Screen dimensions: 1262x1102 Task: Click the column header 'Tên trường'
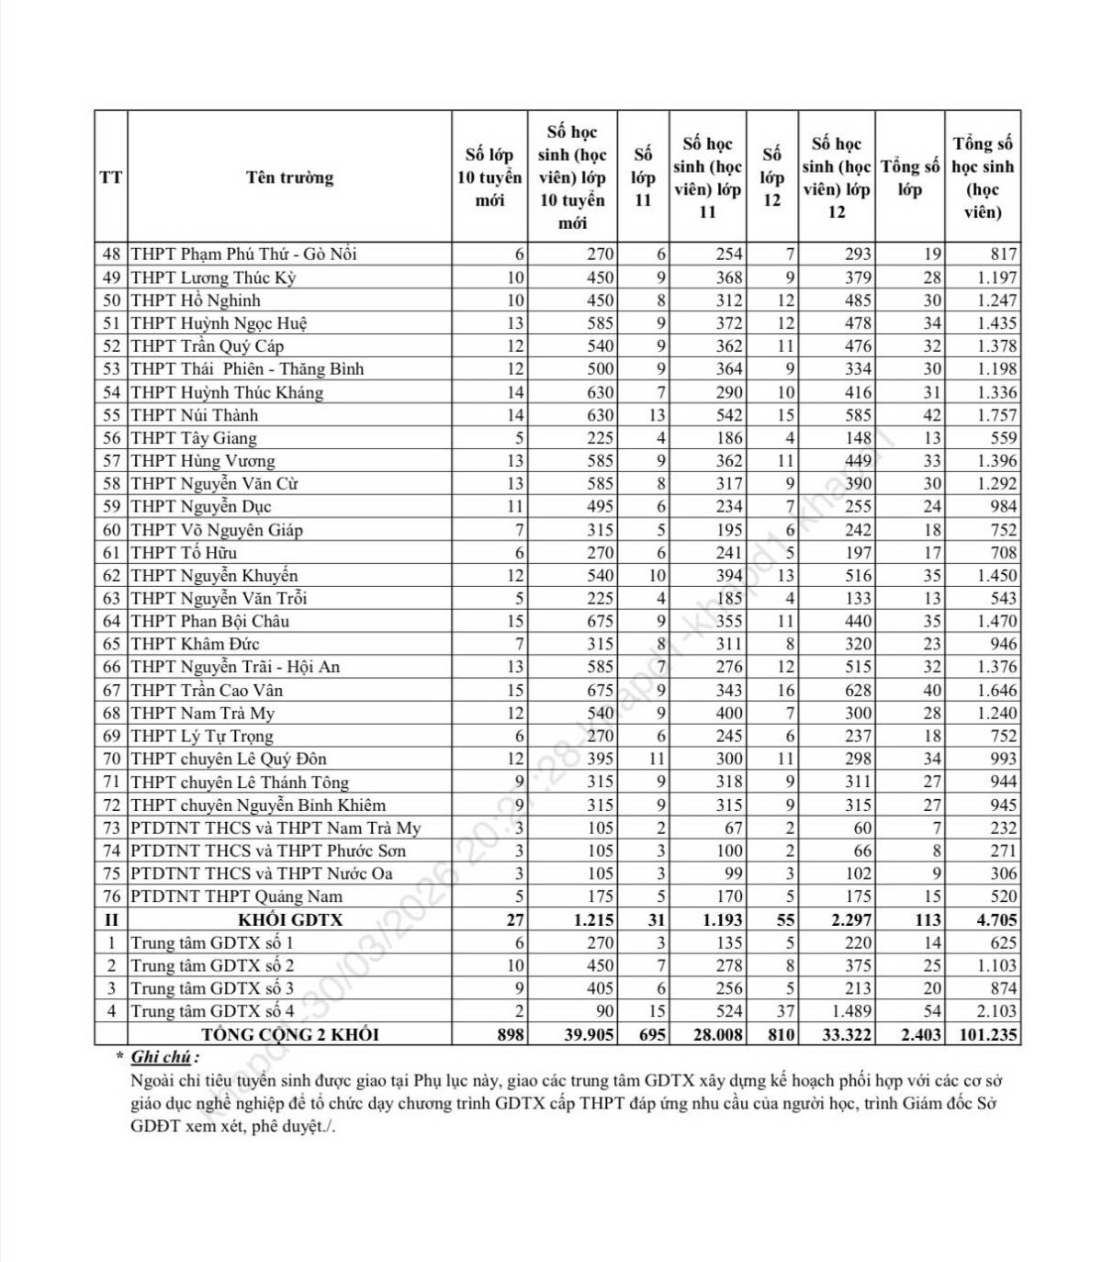point(289,177)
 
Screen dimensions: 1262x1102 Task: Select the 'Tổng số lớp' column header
point(909,177)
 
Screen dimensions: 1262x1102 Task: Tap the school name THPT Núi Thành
point(195,415)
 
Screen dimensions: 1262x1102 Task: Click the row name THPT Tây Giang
point(194,438)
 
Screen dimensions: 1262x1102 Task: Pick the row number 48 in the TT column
point(111,254)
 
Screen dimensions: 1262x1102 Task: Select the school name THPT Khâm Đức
point(195,644)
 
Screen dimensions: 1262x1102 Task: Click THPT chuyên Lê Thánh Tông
point(240,782)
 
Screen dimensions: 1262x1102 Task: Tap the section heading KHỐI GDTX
point(289,919)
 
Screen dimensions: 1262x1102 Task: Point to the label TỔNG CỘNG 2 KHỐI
point(289,1034)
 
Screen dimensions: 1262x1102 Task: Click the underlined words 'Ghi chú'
point(162,1057)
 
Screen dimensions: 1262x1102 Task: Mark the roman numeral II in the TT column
point(111,919)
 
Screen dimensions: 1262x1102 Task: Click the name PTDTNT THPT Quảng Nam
point(237,896)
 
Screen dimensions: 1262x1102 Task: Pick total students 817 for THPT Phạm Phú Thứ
point(1004,254)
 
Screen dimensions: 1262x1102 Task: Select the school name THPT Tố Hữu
point(184,552)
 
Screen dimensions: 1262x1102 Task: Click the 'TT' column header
point(111,177)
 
